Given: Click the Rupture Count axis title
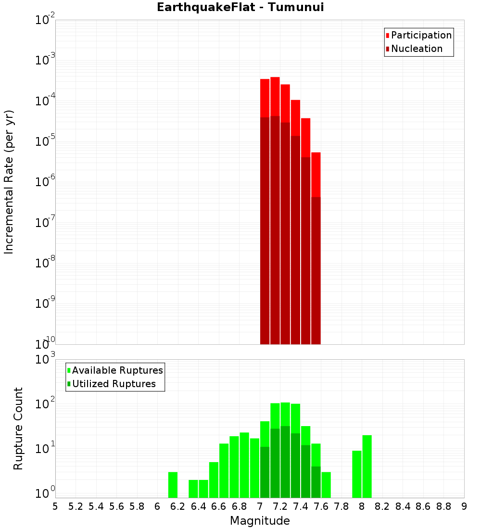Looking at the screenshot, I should [x=18, y=428].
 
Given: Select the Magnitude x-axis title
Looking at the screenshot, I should [x=260, y=521].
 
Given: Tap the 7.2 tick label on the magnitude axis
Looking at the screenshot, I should [x=280, y=506].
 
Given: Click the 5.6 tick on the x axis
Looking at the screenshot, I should [x=116, y=506].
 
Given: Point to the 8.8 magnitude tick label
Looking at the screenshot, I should [x=443, y=506].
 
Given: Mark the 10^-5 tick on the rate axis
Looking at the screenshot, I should [x=46, y=142].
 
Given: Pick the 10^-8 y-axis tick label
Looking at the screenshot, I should [x=46, y=264].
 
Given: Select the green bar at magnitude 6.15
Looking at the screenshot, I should [x=173, y=485].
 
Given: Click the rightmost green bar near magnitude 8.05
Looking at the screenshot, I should [x=367, y=466].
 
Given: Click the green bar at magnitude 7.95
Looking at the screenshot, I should [x=357, y=474].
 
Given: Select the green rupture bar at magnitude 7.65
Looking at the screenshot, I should [x=326, y=485].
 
